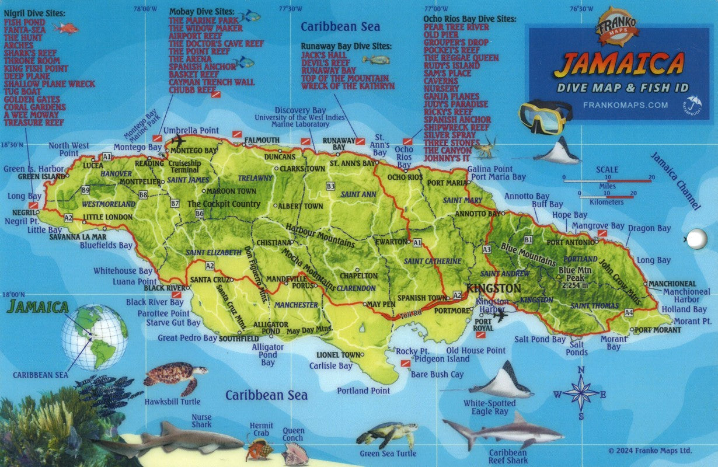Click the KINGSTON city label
[x=493, y=288]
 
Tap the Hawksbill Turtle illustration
[x=175, y=377]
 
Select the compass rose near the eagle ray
[x=580, y=393]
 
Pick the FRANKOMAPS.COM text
[x=625, y=105]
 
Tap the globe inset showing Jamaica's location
[x=95, y=337]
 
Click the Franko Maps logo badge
[x=618, y=27]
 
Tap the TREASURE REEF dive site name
[x=34, y=123]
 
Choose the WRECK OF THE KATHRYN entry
[x=348, y=86]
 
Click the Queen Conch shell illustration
[x=295, y=454]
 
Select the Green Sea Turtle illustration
[x=388, y=434]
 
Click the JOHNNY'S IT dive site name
[x=447, y=158]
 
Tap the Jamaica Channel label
[x=675, y=180]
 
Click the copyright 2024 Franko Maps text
[x=650, y=451]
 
